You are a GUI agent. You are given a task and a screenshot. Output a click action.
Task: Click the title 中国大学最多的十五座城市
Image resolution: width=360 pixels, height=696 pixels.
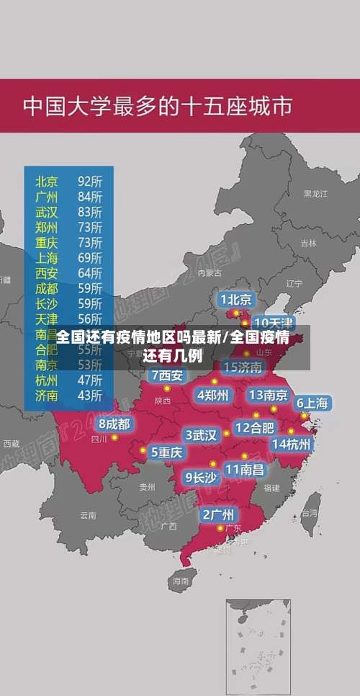coord(158,107)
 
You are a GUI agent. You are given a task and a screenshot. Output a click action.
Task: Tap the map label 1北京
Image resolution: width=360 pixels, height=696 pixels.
coord(236,299)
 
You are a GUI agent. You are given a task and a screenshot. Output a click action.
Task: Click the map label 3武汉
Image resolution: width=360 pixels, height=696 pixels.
coord(201,434)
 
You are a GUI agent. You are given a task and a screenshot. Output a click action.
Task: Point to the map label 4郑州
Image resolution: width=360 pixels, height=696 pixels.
coord(212,395)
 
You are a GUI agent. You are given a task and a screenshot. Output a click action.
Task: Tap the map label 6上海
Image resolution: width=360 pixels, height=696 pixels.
coord(312,403)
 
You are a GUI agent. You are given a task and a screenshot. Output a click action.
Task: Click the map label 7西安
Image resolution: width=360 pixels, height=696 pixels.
coord(167,375)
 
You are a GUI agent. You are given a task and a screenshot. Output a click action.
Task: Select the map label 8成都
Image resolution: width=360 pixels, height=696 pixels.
coord(114,424)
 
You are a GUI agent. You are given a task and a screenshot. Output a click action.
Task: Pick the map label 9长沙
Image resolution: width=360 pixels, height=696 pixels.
coord(201,477)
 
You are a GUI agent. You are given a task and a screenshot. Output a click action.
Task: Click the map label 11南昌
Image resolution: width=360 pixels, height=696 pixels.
coord(244,469)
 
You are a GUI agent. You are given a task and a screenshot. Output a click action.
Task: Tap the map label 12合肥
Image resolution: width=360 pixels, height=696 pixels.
coord(254,427)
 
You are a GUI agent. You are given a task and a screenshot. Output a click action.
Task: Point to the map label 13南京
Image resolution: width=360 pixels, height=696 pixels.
coord(269,395)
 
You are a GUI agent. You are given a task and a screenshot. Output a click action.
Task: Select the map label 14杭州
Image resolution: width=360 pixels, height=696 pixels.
coord(292,444)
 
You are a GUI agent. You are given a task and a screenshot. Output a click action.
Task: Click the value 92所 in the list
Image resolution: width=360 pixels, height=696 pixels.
coord(90,180)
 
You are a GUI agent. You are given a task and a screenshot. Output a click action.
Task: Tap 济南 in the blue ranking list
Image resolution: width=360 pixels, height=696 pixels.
coord(47,395)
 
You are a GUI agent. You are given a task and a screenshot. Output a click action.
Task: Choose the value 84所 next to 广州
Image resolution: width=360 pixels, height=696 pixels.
coord(90,196)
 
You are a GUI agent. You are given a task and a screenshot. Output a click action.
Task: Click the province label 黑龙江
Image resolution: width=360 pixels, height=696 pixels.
coord(315,194)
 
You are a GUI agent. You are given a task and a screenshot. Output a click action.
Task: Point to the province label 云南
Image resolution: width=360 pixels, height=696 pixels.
coord(88,515)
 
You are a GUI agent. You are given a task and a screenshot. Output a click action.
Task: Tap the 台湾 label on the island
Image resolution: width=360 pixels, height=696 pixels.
coord(310,513)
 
